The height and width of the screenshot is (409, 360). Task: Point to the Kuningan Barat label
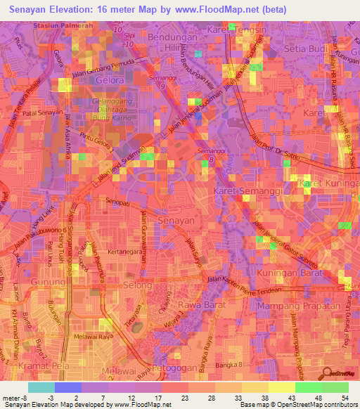[288, 272]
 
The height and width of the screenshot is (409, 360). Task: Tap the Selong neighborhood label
[136, 286]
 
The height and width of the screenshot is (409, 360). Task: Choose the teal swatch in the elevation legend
[41, 387]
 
